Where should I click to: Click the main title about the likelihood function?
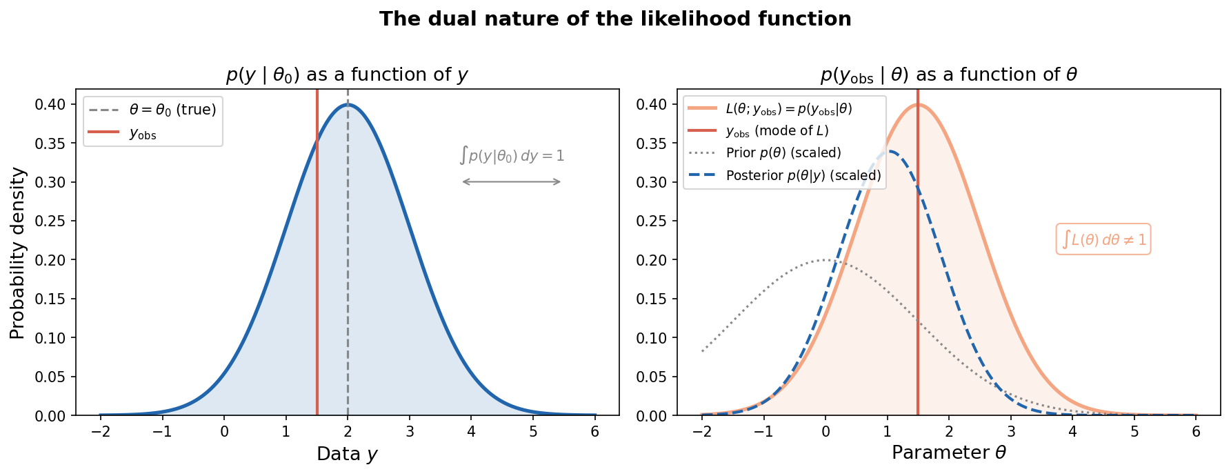pos(615,19)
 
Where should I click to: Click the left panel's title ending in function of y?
pos(347,75)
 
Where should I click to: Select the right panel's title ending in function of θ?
pos(948,75)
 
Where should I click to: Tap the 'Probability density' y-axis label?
pos(18,252)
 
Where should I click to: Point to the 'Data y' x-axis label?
pos(347,454)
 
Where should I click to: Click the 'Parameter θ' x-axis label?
pos(948,453)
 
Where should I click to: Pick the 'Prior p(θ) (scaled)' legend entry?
pos(783,153)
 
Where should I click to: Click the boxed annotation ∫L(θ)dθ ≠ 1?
pos(1103,239)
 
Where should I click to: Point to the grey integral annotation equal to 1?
pos(512,156)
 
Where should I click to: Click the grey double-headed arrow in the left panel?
pos(512,182)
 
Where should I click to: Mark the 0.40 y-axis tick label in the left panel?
pos(52,105)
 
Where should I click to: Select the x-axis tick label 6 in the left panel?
pos(594,433)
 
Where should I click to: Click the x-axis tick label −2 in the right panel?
pos(701,433)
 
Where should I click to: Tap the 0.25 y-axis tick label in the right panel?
pos(654,221)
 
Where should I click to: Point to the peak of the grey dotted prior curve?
pos(825,260)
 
